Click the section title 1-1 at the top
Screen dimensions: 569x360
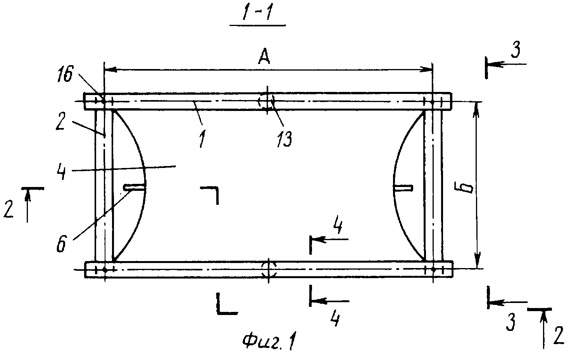257,13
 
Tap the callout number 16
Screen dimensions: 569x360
65,74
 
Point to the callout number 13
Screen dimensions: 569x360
284,139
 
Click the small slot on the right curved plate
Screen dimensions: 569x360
403,188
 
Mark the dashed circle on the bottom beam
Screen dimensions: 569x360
269,270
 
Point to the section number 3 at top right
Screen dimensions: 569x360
515,50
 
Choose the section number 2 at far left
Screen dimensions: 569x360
9,209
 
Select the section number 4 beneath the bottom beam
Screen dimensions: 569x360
335,319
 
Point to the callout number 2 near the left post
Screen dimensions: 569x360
60,121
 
